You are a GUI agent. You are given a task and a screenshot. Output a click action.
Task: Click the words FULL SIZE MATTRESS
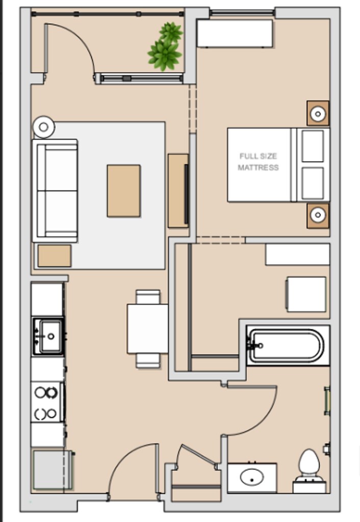(x=258, y=162)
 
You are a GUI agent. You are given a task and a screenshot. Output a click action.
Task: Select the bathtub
(x=286, y=346)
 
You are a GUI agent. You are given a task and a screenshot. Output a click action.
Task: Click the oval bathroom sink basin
(x=252, y=477)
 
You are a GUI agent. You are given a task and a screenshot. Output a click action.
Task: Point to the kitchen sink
(x=48, y=336)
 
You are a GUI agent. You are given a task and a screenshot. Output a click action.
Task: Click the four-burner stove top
(x=46, y=402)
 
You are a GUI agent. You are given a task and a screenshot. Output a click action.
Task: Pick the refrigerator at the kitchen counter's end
(x=53, y=469)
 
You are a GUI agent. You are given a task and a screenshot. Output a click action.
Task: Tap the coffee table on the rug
(x=123, y=191)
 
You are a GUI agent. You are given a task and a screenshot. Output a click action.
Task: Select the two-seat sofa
(x=55, y=191)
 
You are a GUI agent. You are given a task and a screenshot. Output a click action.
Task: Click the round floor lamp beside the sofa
(x=44, y=127)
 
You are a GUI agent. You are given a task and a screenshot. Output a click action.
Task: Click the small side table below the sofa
(x=54, y=256)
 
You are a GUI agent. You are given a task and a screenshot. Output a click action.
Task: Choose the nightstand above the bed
(x=318, y=113)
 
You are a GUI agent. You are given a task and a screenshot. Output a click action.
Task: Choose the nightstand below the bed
(x=318, y=216)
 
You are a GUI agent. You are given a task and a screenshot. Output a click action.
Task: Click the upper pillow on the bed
(x=313, y=146)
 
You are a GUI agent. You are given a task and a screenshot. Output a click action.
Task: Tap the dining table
(x=147, y=329)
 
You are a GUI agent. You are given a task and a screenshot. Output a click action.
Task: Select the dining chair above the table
(x=148, y=297)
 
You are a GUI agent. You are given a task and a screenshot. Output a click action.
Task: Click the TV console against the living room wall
(x=178, y=191)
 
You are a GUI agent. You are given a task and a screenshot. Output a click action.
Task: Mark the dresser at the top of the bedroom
(x=235, y=33)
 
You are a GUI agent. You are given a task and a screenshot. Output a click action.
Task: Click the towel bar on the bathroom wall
(x=327, y=401)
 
